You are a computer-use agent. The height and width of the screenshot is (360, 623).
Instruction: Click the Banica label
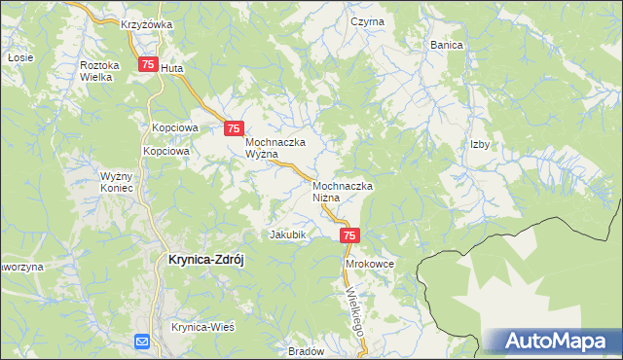pos(447,45)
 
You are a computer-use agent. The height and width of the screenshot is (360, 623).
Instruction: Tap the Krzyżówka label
pos(146,24)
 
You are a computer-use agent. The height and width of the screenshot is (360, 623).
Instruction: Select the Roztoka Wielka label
pos(98,70)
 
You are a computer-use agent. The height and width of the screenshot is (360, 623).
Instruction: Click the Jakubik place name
pos(288,234)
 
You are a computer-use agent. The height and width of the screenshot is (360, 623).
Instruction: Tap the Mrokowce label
pos(368,264)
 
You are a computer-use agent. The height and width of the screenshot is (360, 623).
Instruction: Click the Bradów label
pos(306,350)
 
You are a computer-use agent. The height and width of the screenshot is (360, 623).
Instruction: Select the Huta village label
pos(171,69)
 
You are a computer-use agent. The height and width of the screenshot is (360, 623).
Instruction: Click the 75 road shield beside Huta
pos(147,65)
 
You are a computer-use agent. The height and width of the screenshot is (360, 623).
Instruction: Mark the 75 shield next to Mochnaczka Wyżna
pos(234,127)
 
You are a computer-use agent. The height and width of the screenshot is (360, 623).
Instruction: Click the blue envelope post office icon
pos(142,341)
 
